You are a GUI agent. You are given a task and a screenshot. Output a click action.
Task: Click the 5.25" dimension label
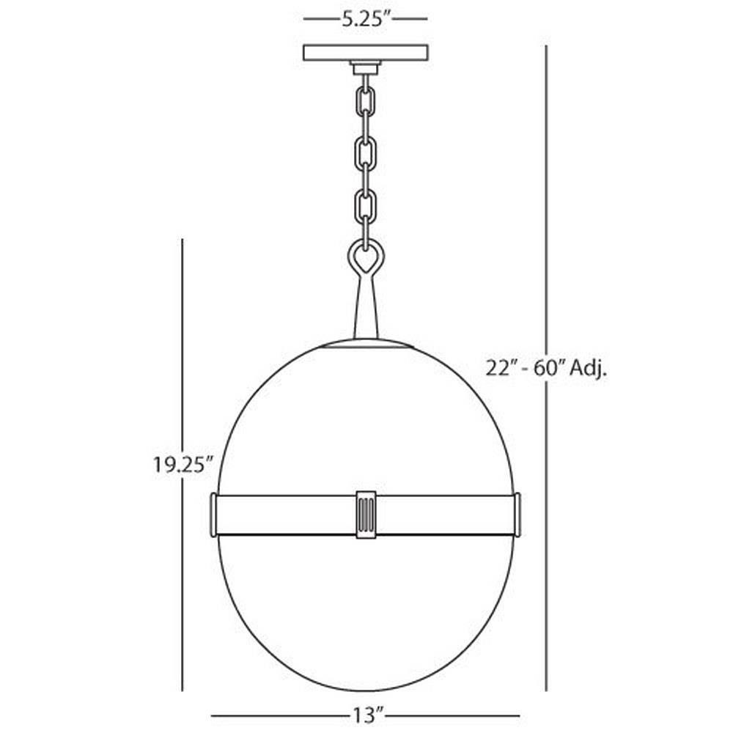[364, 20]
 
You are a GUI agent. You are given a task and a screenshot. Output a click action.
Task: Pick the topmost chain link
[365, 101]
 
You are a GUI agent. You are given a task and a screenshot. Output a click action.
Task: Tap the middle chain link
[365, 152]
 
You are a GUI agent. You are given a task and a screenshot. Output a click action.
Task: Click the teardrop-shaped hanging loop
[365, 257]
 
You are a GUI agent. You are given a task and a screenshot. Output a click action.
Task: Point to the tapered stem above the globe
[365, 308]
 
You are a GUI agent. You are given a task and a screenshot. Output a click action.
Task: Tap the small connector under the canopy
[365, 69]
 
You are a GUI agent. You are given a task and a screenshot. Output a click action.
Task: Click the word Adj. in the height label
[592, 368]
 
